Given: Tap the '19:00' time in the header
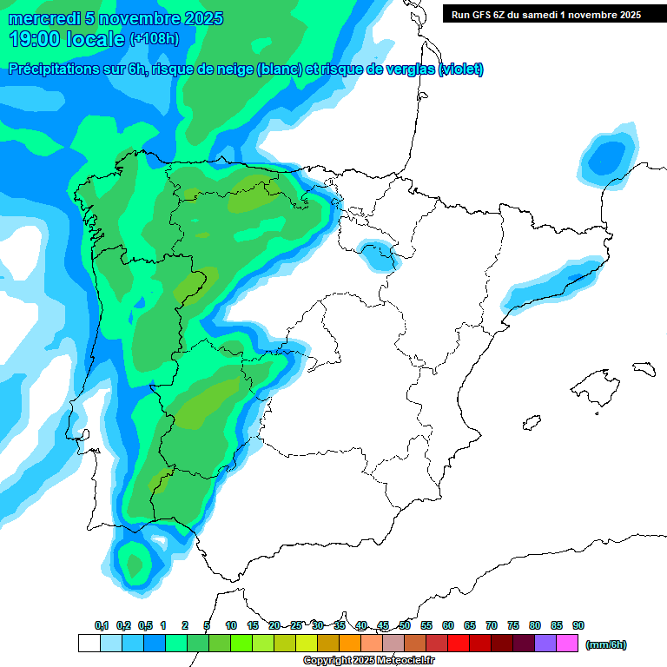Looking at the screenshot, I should coord(35,39).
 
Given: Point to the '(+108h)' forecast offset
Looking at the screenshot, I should coord(155,39).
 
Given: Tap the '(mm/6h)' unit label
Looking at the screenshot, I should coord(606,644).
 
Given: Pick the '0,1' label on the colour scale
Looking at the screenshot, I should coord(101,625).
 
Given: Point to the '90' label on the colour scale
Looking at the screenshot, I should coord(578,625).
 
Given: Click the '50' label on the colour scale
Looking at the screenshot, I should coord(405,625).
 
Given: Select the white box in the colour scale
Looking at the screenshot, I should coord(89,644).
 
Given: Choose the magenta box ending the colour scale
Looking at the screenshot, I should coord(567,644).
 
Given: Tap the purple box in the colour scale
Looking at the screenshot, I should coord(545,644).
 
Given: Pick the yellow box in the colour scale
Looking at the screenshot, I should coord(307,644).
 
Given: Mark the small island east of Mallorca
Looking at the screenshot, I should coord(643,369).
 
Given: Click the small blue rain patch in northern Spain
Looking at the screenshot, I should coord(380,255).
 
